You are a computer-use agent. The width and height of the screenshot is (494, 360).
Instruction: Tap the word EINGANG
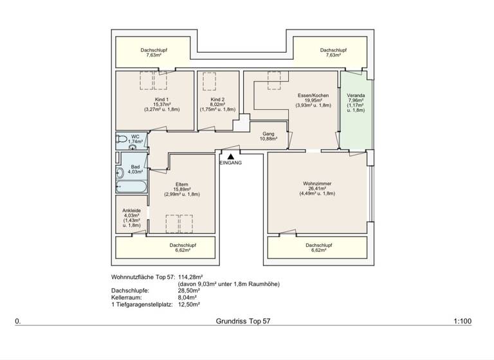click(x=230, y=163)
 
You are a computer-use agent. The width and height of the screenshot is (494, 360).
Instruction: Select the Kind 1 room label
click(x=161, y=100)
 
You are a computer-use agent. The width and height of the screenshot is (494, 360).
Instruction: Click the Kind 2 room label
click(x=217, y=100)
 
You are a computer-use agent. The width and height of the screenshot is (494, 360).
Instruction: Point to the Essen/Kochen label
click(x=313, y=94)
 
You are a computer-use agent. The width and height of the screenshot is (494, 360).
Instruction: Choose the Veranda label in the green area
click(x=356, y=95)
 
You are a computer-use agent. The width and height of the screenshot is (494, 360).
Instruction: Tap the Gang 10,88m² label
click(x=268, y=136)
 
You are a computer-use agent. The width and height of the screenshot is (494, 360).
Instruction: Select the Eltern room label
click(x=181, y=184)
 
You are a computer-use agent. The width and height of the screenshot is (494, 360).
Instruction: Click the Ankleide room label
click(x=132, y=210)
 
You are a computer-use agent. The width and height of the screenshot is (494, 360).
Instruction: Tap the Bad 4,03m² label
click(x=135, y=169)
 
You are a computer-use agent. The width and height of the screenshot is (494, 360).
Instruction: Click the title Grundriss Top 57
click(x=244, y=320)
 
